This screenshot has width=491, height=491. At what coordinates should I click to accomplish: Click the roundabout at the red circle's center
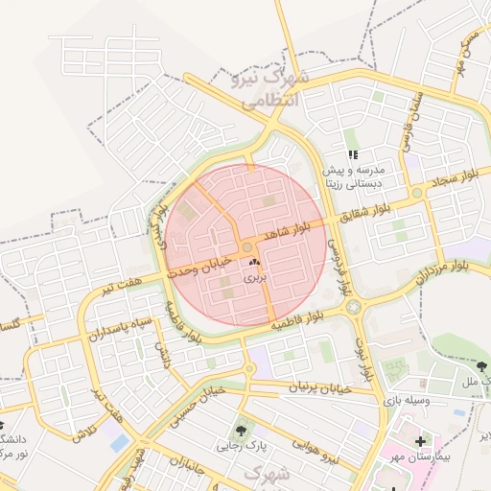(x=246, y=247)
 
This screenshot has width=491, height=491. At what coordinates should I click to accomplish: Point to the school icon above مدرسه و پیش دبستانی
(x=353, y=153)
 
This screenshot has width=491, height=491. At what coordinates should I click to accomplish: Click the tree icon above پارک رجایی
(x=241, y=430)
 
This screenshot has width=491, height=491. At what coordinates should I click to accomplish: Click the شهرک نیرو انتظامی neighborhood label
(x=267, y=86)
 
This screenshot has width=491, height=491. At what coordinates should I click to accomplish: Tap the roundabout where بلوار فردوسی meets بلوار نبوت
(x=356, y=308)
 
